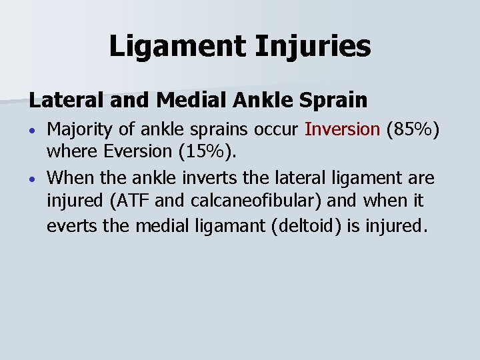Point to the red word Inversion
[341, 129]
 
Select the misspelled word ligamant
[225, 225]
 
